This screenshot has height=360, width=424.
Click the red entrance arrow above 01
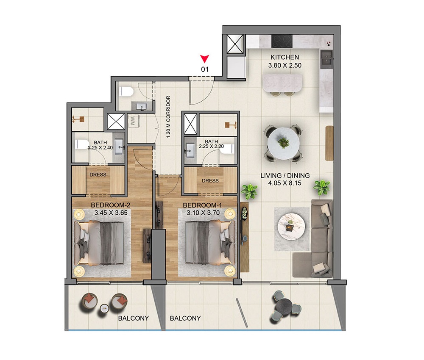click(x=205, y=58)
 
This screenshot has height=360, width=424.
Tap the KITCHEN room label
click(x=285, y=57)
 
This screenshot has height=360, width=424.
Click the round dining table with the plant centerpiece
click(x=283, y=143)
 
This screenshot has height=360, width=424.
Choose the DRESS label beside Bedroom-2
click(x=98, y=174)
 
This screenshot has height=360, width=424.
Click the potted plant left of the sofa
click(x=249, y=191)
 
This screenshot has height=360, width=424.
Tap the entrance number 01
click(x=205, y=69)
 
